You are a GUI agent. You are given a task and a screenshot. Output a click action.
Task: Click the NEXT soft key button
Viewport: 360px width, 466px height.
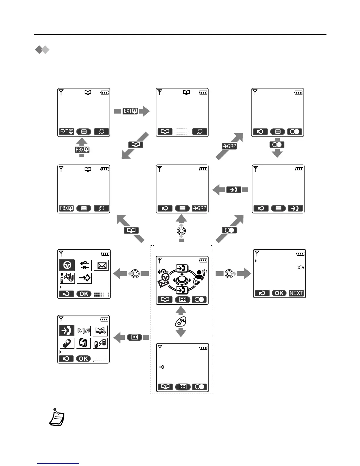point(296,293)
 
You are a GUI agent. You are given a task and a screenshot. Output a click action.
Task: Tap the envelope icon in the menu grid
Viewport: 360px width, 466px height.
point(101,266)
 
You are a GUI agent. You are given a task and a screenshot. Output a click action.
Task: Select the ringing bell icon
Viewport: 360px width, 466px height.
point(84,331)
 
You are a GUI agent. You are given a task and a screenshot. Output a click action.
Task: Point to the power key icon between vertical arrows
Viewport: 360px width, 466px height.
point(181,322)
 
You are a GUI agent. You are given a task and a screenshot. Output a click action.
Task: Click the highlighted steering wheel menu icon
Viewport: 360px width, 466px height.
point(67,265)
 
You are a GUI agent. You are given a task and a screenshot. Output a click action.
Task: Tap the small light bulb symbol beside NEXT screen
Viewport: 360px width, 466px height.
point(301,267)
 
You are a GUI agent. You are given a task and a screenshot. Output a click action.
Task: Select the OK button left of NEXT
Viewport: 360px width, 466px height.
point(279,293)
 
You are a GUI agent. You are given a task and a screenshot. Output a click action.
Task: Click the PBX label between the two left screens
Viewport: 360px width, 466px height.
point(82,150)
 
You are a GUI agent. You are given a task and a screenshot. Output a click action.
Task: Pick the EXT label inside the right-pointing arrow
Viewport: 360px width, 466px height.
point(130,111)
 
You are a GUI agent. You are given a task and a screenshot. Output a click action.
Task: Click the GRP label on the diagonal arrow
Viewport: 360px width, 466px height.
point(229,146)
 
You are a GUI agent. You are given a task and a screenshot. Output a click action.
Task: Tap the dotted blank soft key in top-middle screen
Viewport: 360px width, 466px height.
point(182,132)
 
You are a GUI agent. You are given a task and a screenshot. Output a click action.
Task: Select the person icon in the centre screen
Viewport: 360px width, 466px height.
point(201,277)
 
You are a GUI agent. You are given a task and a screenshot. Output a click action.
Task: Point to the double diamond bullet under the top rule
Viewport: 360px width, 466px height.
point(42,50)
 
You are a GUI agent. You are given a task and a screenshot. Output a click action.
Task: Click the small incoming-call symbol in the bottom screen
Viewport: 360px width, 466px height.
point(161,367)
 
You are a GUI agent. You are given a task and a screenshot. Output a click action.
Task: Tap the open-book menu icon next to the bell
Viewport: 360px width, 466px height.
point(100,331)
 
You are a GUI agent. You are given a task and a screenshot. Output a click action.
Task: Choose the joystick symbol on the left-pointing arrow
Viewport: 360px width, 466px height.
point(135,274)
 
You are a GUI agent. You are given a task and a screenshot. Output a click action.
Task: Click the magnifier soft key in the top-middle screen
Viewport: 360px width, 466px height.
point(200,132)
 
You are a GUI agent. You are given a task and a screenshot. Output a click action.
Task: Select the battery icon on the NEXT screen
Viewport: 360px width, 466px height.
point(300,254)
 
